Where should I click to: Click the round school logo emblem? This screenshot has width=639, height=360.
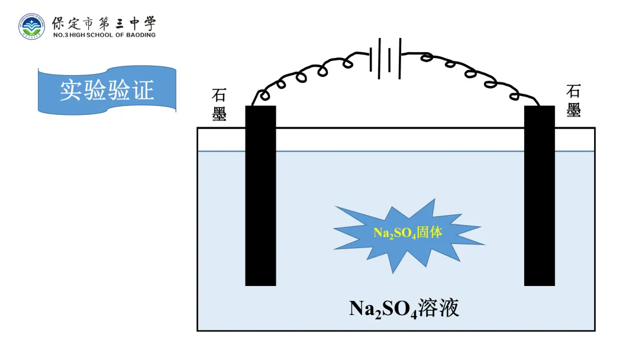point(31,26)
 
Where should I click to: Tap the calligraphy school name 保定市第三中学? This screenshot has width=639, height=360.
point(104,24)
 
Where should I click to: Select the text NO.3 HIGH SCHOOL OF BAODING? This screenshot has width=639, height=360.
point(104,36)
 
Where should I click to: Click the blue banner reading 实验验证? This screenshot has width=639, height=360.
point(107,90)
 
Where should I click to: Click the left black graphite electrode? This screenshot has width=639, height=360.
point(260,195)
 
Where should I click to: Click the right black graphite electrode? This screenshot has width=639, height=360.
point(539,195)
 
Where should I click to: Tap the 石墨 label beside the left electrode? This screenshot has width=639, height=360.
point(220,105)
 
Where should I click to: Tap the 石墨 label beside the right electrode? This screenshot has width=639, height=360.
point(573,101)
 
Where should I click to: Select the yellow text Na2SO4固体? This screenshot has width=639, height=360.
point(408,233)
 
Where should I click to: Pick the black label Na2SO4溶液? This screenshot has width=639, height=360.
point(404,308)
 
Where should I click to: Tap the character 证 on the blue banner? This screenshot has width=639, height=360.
point(143,90)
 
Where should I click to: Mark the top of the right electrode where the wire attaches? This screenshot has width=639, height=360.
point(538,107)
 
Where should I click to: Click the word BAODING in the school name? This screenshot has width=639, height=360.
point(140,36)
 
